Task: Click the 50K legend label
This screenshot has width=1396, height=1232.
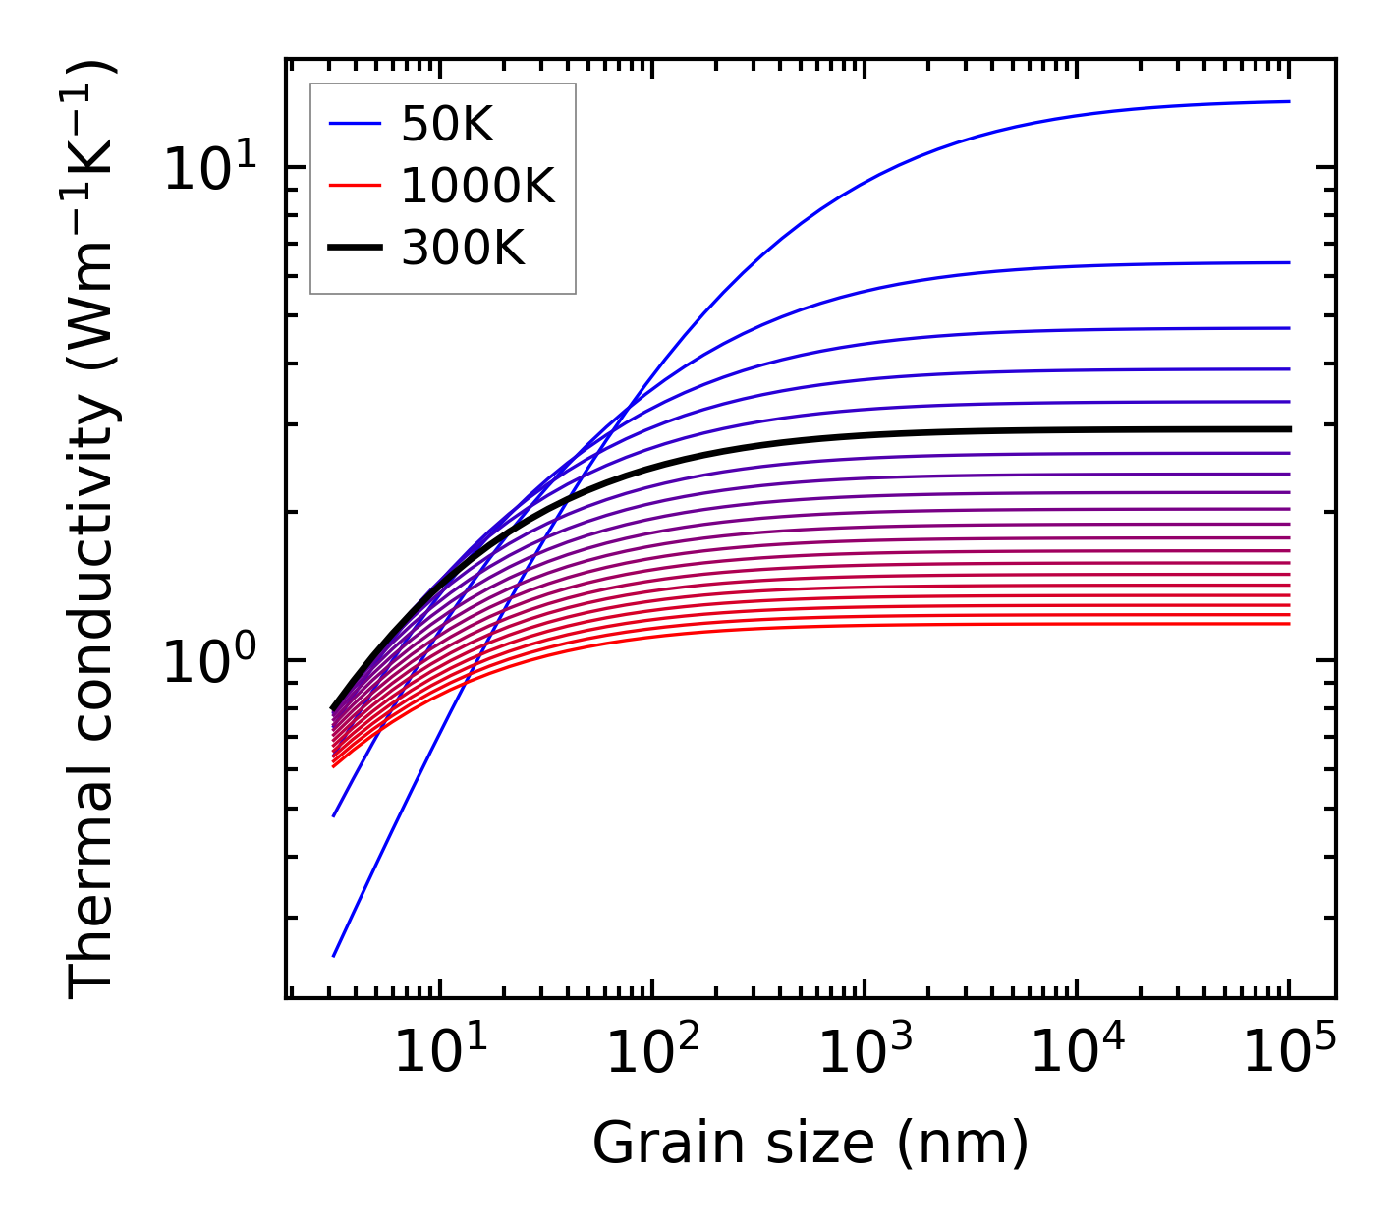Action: click(447, 125)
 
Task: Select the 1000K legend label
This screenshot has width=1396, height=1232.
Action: click(477, 186)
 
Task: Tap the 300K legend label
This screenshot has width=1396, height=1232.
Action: click(463, 249)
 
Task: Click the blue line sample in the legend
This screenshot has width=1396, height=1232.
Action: click(354, 124)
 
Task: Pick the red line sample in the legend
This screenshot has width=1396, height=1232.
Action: click(354, 186)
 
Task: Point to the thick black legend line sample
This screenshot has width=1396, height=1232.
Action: click(354, 249)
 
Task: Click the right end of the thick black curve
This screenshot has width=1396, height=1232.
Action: click(1288, 429)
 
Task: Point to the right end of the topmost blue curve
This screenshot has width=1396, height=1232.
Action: click(1288, 101)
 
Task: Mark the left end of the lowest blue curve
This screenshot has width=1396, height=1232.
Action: click(334, 955)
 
